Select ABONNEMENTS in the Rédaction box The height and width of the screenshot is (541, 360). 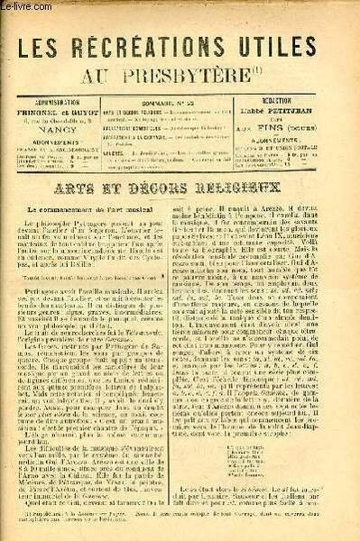pos(300,116)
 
